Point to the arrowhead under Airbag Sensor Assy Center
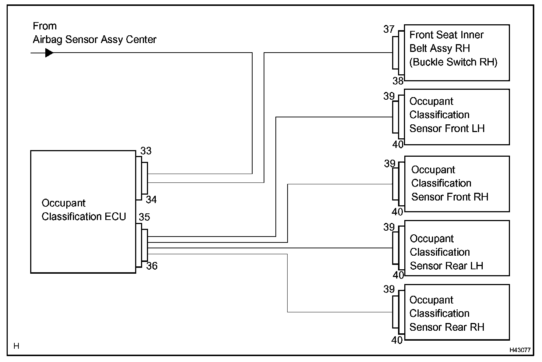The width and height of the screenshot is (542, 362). point(49,53)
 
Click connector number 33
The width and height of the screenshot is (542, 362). point(146,151)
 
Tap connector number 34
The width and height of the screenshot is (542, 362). point(151,199)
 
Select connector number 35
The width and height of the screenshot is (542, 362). point(144,217)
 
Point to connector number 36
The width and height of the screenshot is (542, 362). point(152,266)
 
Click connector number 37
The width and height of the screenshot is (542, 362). point(389,29)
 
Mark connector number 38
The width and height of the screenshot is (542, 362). point(398,81)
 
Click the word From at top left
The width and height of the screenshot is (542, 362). point(45,26)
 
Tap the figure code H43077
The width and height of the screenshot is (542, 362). point(520,350)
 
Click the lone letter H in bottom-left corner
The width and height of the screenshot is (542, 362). point(16,346)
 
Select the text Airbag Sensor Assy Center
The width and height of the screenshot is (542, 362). point(95,40)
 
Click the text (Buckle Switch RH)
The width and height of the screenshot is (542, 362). point(453,62)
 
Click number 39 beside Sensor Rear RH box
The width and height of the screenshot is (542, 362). point(389,289)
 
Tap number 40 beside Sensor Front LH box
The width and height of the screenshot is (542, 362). point(398,145)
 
